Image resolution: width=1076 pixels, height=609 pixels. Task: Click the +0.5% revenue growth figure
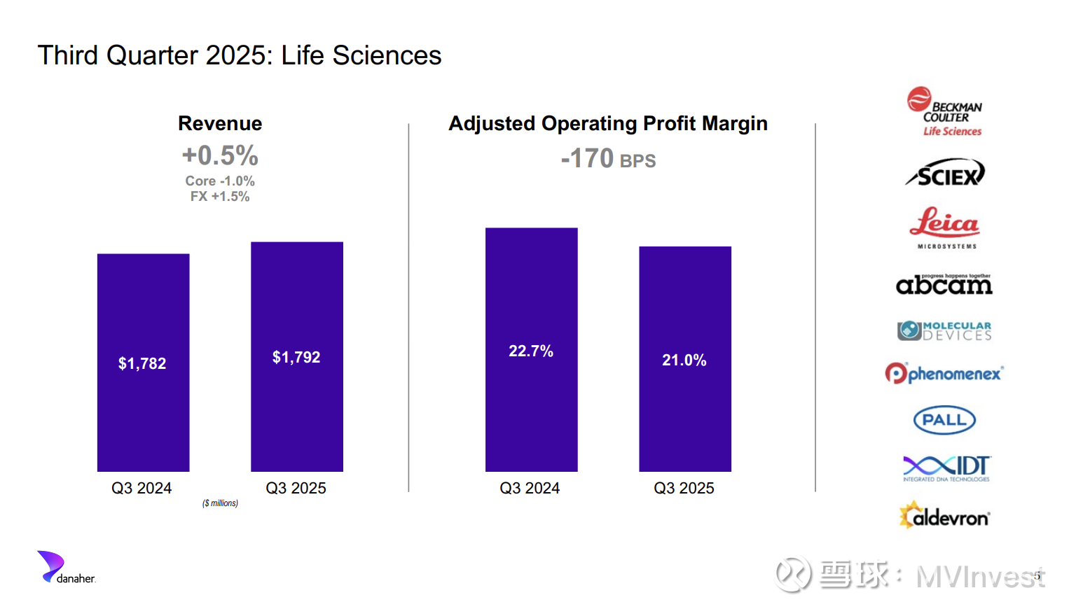tap(220, 155)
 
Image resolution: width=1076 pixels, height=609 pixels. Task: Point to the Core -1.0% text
tap(220, 181)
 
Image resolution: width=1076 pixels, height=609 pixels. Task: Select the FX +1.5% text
tap(220, 197)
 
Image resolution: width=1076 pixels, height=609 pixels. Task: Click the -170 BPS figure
tap(608, 159)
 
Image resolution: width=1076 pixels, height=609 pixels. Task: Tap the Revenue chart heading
tap(220, 124)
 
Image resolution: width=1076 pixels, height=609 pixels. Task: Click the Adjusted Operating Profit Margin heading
tap(608, 124)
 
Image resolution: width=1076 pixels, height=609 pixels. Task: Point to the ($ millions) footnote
tap(220, 503)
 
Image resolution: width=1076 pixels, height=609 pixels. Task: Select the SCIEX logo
tap(945, 174)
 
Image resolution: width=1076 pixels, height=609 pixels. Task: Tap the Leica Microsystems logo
tap(945, 227)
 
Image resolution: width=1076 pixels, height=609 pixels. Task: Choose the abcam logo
tap(944, 284)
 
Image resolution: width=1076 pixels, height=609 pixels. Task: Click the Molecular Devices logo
tap(944, 330)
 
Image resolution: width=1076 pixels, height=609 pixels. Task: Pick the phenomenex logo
tap(944, 373)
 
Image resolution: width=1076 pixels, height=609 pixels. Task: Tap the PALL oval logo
tap(944, 420)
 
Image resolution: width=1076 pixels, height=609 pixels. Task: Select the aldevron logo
tap(944, 516)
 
